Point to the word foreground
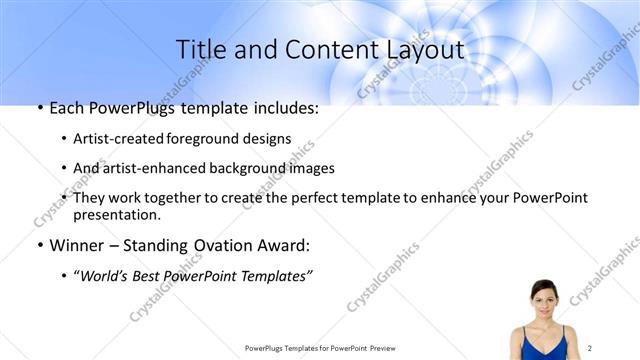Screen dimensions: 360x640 pos(212,139)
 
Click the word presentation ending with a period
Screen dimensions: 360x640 pos(117,214)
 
